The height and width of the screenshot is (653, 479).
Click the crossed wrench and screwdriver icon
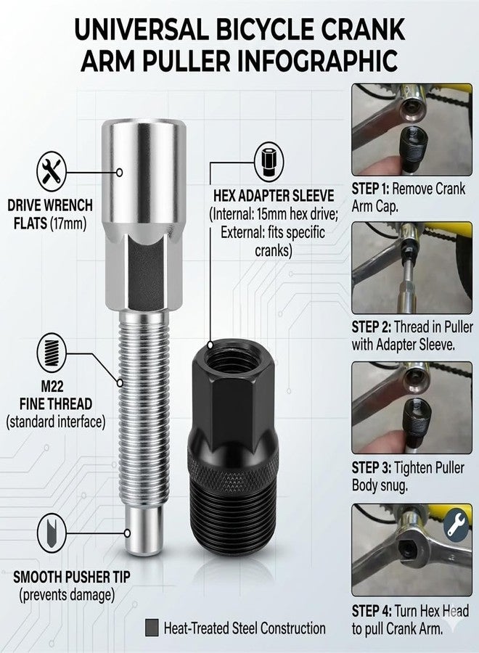coord(52,171)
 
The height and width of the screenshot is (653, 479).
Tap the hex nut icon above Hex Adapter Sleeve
coord(269,162)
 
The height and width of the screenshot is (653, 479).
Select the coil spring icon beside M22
coord(52,353)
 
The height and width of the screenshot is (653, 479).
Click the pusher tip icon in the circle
coord(52,533)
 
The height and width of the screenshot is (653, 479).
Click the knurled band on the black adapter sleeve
coord(233,472)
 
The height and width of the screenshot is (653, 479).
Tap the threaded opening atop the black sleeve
coord(234,356)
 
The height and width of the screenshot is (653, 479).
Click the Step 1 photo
coord(412,129)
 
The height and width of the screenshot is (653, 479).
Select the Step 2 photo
coord(412,268)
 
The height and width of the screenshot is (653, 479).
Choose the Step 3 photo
coord(412,408)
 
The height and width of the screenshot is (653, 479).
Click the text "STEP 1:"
coord(370,189)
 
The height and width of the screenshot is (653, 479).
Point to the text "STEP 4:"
coord(371,611)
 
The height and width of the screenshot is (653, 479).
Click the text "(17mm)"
coord(68,223)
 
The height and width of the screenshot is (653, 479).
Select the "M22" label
coord(52,386)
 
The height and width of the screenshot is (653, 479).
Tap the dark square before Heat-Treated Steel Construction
coord(152,628)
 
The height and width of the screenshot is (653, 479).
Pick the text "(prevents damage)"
coord(67,594)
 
